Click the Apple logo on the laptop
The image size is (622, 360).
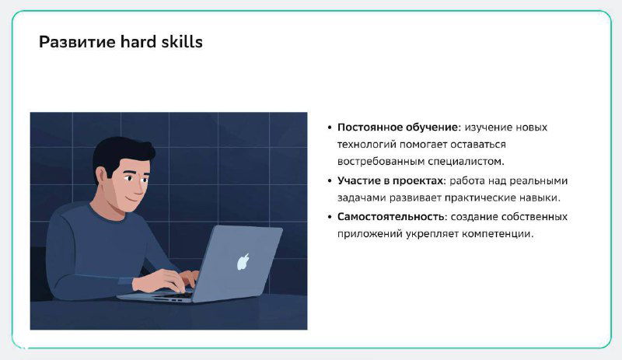(x=243, y=261)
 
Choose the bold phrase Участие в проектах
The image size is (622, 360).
(x=389, y=180)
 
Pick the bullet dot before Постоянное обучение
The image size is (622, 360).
(x=330, y=128)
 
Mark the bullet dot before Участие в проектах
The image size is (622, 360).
(x=330, y=181)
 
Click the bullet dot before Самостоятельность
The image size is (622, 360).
(x=330, y=217)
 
